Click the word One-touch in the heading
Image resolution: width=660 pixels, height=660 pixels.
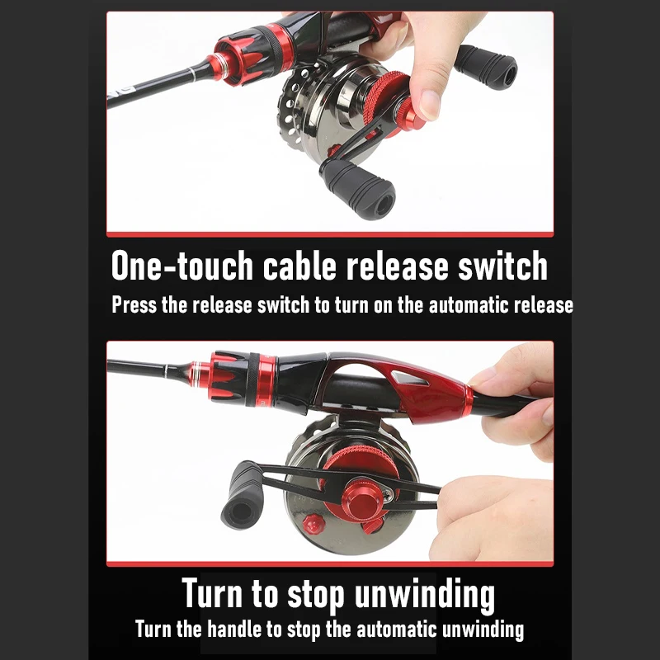tap(182, 266)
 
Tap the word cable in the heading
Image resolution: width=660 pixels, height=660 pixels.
tap(299, 266)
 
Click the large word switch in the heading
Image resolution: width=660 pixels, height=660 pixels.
tap(502, 266)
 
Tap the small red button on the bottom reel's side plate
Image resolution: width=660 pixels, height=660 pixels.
tap(313, 524)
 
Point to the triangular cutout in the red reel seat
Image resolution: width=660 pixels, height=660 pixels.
tap(408, 379)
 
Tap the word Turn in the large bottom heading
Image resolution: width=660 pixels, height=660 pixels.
tap(212, 592)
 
